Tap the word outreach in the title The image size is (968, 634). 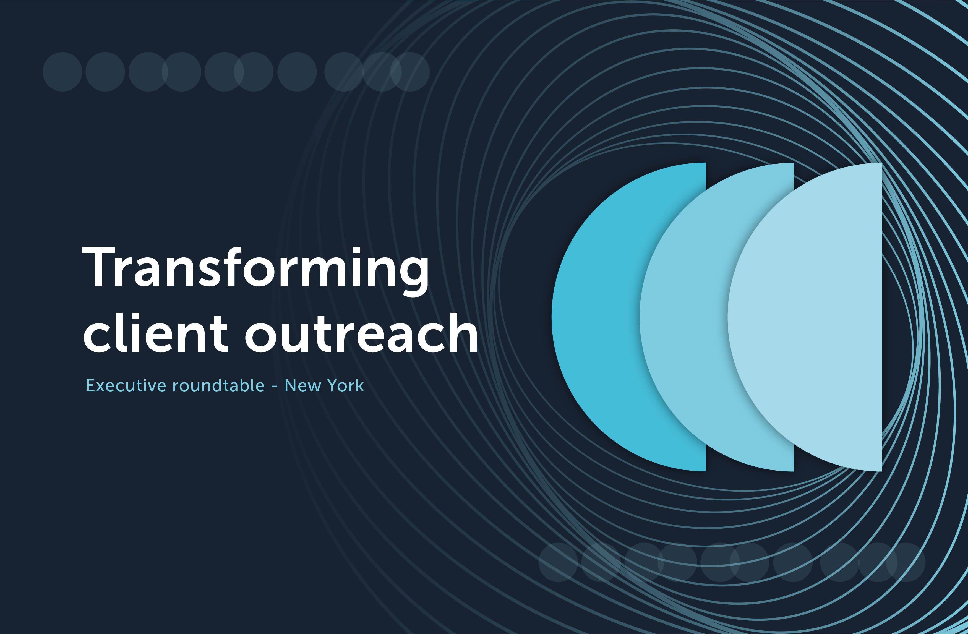coord(361,333)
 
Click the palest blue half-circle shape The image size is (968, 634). coord(809,317)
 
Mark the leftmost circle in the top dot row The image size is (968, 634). coord(62,72)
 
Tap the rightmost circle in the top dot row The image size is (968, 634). coord(411,72)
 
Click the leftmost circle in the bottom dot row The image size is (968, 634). coord(558,562)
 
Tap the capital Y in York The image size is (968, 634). coord(333,385)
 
